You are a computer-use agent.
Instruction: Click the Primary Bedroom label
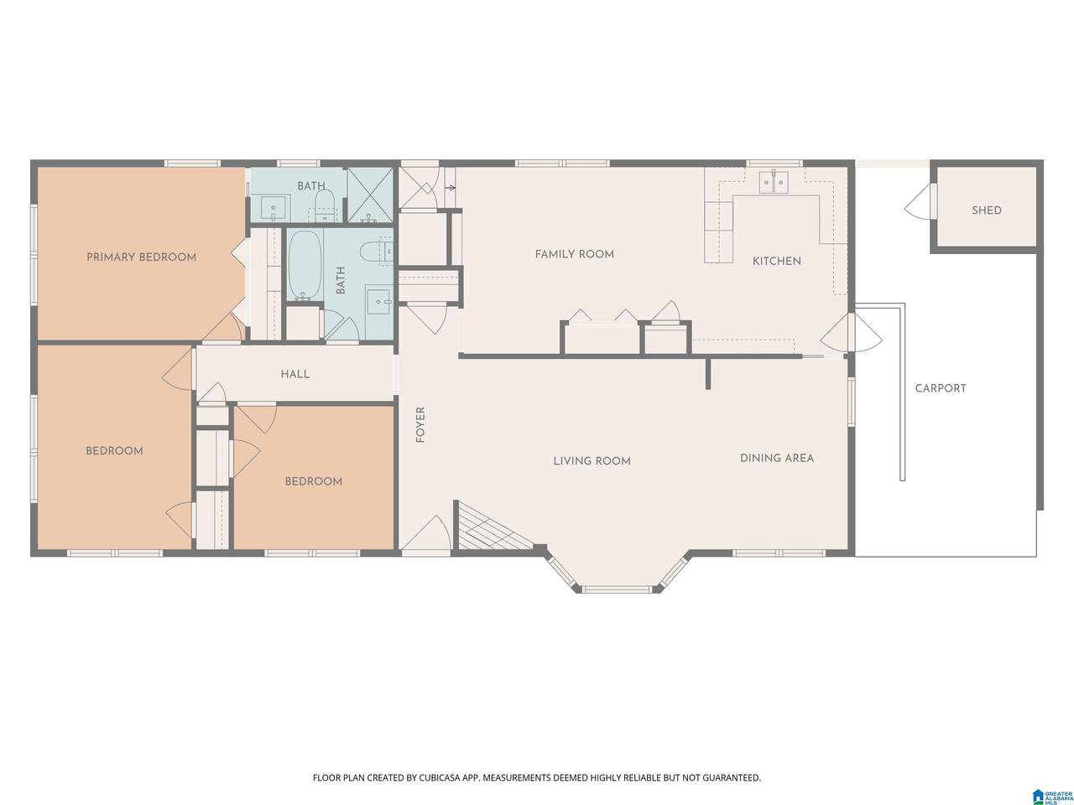141,257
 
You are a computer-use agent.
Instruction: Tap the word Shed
987,210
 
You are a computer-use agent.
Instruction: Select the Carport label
941,388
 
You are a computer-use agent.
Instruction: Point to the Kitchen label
776,262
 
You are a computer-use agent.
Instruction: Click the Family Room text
575,254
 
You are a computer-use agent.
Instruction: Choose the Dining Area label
776,459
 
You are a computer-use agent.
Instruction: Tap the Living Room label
592,461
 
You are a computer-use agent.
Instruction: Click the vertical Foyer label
420,425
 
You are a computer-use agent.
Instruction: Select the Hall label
295,374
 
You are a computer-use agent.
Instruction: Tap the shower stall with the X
370,195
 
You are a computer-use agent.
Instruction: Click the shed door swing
919,201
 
